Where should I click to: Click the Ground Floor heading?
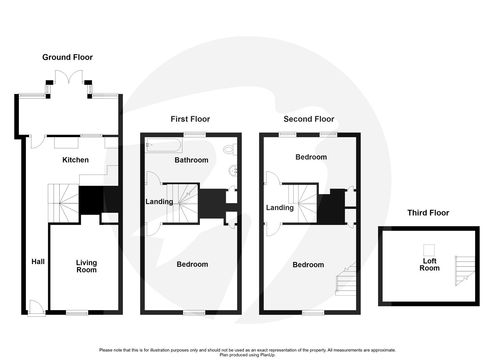(67, 57)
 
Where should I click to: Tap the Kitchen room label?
(75, 160)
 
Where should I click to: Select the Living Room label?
(86, 266)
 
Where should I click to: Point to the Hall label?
(38, 262)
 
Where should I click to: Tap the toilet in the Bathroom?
(229, 150)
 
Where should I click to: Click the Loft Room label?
(429, 265)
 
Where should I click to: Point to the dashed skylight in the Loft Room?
(429, 250)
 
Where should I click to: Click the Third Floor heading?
(428, 213)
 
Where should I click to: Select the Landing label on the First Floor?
(159, 202)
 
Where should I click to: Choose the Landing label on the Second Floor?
(280, 207)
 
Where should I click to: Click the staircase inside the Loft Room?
(465, 271)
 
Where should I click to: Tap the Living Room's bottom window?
(77, 313)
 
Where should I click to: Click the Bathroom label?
(191, 160)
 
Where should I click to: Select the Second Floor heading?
(309, 119)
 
